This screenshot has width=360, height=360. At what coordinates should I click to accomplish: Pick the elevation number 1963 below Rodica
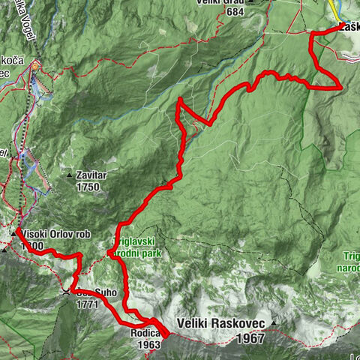click(148, 345)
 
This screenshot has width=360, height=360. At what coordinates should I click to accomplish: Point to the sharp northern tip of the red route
click(179, 99)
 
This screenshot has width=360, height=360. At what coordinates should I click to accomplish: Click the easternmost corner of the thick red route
click(342, 87)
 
